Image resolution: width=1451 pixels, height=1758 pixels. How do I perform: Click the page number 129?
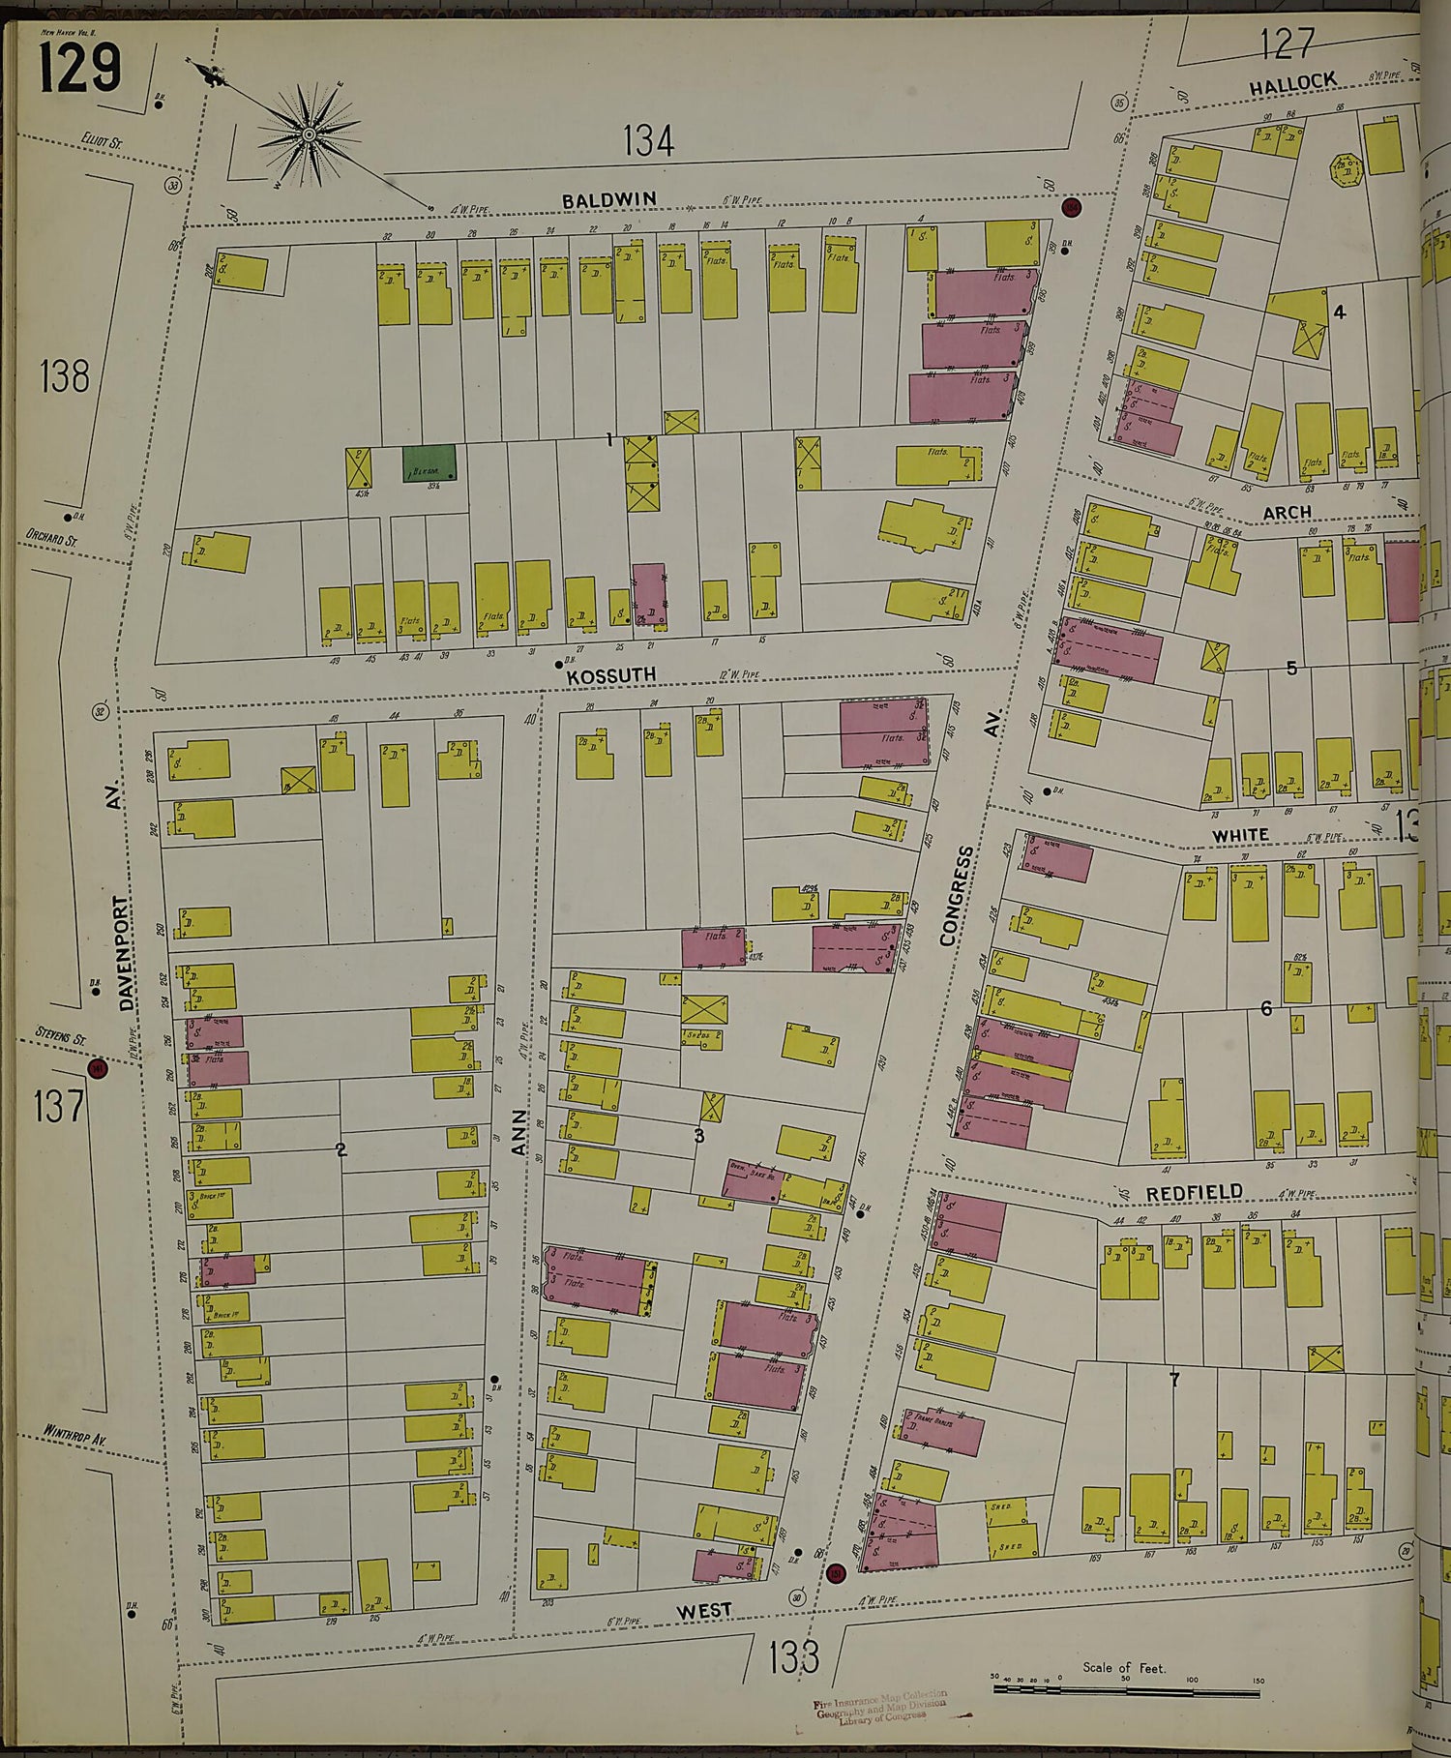click(79, 68)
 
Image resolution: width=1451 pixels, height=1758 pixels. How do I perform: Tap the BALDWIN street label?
click(609, 199)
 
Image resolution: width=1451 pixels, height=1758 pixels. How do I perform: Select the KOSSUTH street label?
click(611, 674)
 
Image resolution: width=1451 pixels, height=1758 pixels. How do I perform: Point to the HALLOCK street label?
click(1292, 83)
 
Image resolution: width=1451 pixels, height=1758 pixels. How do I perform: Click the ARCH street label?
click(1287, 512)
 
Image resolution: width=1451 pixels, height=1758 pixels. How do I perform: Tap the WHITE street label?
click(1240, 834)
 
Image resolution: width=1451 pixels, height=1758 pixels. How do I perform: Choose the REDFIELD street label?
click(1194, 1193)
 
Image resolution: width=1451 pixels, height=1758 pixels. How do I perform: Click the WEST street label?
click(703, 1611)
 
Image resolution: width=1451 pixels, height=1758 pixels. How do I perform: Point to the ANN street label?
click(519, 1132)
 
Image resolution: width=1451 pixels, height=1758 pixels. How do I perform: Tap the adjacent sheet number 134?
click(647, 141)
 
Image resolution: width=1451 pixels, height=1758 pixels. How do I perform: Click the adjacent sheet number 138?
click(64, 375)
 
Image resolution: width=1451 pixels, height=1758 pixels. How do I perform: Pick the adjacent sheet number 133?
click(793, 1657)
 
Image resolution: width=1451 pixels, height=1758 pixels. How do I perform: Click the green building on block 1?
click(429, 462)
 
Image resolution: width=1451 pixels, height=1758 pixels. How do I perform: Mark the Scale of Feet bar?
click(1125, 1690)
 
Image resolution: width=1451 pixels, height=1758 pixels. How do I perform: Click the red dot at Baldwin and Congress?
click(1071, 206)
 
